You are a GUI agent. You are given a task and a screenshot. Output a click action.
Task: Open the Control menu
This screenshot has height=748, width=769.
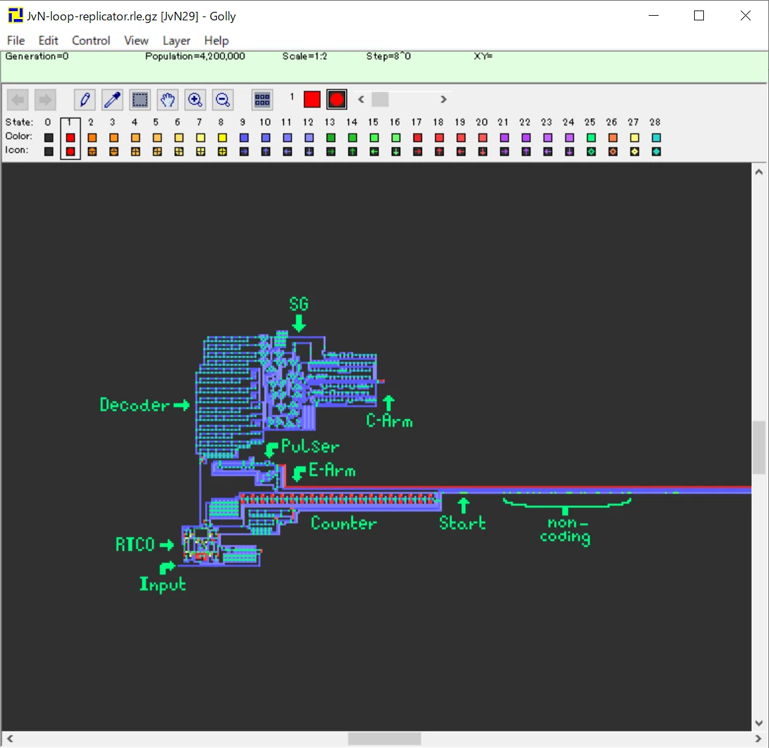(91, 41)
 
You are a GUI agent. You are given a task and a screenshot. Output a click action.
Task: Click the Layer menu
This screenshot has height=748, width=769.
(177, 41)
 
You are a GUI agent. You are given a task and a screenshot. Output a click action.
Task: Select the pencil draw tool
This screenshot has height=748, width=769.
(84, 100)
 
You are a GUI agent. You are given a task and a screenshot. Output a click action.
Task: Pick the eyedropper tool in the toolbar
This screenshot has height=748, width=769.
(112, 100)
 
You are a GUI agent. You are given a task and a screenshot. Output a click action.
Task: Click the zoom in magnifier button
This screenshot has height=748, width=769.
(195, 100)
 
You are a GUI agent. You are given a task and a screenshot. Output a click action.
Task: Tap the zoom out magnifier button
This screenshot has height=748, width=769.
(223, 100)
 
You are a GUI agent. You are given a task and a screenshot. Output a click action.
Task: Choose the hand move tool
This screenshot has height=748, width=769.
(168, 100)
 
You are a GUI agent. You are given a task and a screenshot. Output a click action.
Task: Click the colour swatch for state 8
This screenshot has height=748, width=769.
(222, 138)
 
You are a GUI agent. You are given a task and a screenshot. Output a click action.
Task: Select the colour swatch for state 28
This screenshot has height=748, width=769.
(656, 138)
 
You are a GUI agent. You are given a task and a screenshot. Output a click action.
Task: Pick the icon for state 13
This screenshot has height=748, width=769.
(331, 152)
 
